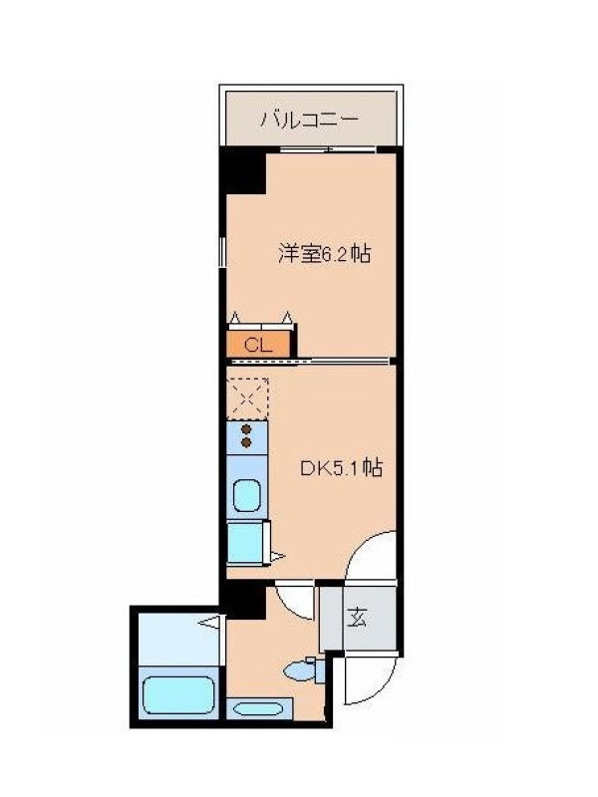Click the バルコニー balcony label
[x=310, y=120]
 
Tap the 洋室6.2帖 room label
[x=324, y=253]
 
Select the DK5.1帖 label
[x=341, y=467]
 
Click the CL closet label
[x=258, y=345]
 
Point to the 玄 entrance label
[x=357, y=617]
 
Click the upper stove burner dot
[x=246, y=429]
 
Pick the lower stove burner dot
[x=246, y=442]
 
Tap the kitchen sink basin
[x=246, y=495]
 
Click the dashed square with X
[x=247, y=398]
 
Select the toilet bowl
[x=300, y=671]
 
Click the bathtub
[x=178, y=695]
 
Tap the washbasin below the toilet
[x=260, y=708]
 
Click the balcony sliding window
[x=328, y=149]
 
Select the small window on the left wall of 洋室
[x=222, y=252]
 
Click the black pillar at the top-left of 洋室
[x=242, y=170]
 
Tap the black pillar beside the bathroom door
[x=243, y=601]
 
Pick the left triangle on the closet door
[x=234, y=318]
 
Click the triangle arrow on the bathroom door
[x=210, y=621]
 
